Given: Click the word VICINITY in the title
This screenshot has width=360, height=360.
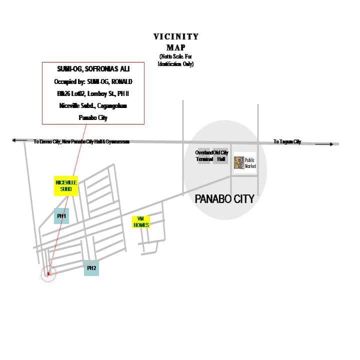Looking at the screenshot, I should [x=176, y=36].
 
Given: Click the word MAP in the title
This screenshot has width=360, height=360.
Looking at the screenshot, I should [x=176, y=47].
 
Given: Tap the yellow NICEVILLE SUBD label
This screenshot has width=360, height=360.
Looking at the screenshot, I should [x=66, y=186].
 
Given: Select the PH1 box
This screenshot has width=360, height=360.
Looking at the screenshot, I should [x=61, y=216].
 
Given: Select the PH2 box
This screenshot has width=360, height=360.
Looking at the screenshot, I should [x=91, y=268].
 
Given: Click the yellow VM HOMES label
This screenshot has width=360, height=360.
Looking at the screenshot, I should [x=141, y=221].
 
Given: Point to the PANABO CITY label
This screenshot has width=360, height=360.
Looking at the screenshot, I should [x=224, y=199].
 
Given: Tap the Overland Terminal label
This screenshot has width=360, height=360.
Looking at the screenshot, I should [x=204, y=156].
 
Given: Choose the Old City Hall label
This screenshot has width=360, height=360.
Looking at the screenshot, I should [x=221, y=156].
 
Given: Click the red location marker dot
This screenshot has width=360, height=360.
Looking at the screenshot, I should [x=48, y=273].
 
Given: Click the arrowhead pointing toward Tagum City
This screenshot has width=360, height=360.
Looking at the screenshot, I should [x=331, y=144].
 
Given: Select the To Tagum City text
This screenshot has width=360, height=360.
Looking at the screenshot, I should [x=287, y=142].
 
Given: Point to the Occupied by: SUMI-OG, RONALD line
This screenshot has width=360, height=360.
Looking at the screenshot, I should [x=93, y=81].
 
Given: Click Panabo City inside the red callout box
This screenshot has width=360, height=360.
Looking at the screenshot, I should [x=93, y=118].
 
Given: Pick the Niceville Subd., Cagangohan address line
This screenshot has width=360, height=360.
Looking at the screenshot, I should [x=93, y=105].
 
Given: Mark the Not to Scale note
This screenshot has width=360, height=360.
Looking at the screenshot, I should [x=176, y=59].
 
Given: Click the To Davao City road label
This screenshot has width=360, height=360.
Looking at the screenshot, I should [x=81, y=142].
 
